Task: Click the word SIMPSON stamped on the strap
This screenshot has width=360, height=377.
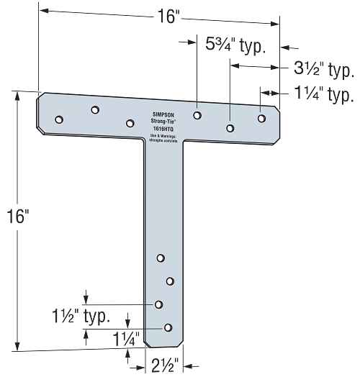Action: pyautogui.click(x=165, y=113)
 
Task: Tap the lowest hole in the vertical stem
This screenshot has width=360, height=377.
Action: pyautogui.click(x=168, y=327)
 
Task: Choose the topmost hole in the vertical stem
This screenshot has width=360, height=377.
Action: pyautogui.click(x=161, y=258)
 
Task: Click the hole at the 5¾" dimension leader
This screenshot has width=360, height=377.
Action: pyautogui.click(x=197, y=114)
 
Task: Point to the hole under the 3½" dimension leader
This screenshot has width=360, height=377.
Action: pyautogui.click(x=230, y=129)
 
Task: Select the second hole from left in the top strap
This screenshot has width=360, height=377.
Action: pyautogui.click(x=94, y=110)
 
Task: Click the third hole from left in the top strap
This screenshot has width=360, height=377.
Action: pyautogui.click(x=130, y=124)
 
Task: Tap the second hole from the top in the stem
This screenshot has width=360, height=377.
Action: pyautogui.click(x=170, y=281)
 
